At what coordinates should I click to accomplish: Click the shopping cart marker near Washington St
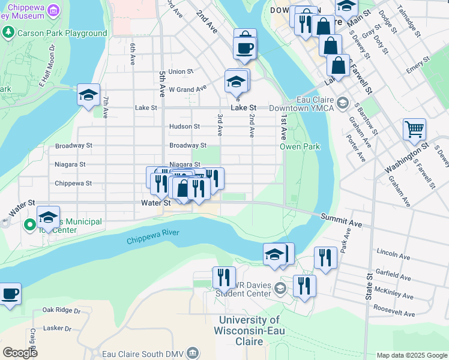click(x=415, y=129)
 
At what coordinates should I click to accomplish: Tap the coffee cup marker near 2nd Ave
click(x=245, y=47)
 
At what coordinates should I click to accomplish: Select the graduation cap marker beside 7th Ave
click(x=88, y=95)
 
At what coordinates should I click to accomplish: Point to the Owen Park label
click(x=300, y=146)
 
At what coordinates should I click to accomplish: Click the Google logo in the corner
click(x=20, y=353)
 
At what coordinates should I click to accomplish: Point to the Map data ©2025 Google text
click(x=411, y=355)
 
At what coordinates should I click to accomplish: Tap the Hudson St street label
click(x=184, y=127)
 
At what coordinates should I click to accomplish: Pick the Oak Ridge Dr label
click(x=61, y=311)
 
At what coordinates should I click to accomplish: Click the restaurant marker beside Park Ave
click(x=325, y=258)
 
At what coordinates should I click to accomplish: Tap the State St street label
click(x=369, y=288)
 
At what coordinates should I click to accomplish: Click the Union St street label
click(x=181, y=71)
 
